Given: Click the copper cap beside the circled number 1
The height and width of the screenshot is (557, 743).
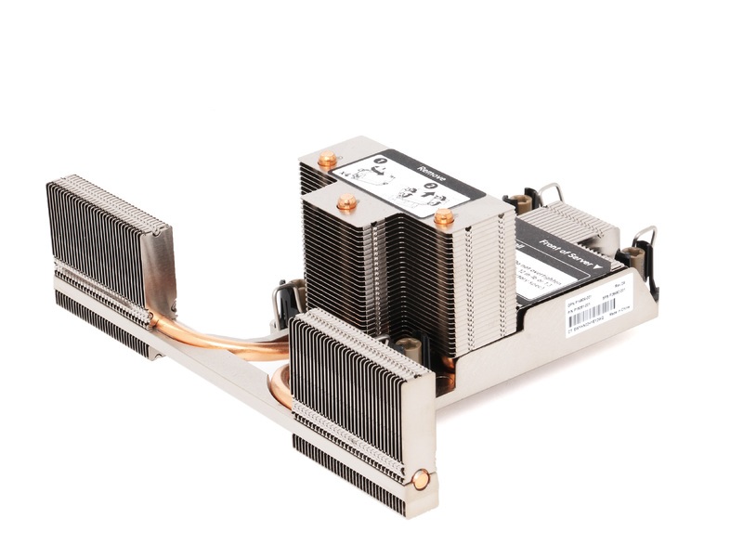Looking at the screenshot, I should coord(327,161).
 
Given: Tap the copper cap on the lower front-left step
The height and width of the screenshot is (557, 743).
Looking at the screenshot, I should coord(346,201).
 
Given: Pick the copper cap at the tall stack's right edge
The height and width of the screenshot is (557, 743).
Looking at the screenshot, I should coord(444,218).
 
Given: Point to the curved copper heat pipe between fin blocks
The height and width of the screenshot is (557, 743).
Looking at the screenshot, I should coord(223,339).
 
